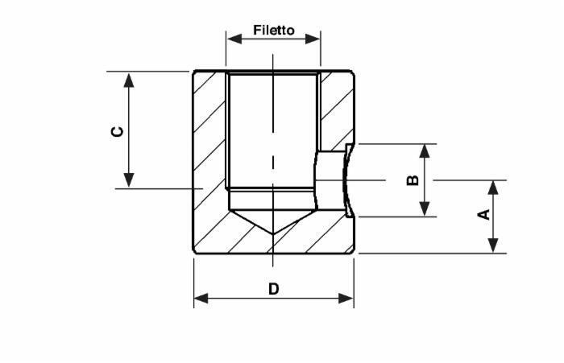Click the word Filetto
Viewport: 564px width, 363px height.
click(274, 31)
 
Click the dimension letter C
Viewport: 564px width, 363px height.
click(118, 130)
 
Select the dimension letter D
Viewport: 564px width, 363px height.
click(274, 288)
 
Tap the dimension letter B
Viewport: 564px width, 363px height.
click(413, 179)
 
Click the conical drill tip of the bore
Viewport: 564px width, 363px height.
click(273, 222)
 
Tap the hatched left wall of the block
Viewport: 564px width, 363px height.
click(209, 161)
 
